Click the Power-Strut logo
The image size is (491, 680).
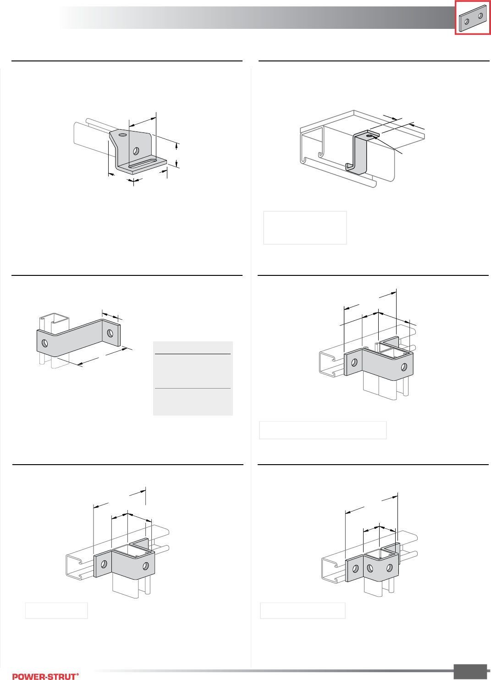click(x=45, y=676)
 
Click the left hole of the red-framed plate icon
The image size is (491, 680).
click(x=467, y=22)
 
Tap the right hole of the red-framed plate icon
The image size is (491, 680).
click(x=480, y=16)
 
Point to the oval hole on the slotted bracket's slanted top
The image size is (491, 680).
click(x=123, y=135)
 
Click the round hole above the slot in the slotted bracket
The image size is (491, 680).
click(x=136, y=151)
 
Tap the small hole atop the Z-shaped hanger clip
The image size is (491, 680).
click(x=369, y=136)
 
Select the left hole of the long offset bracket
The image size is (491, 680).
click(x=44, y=344)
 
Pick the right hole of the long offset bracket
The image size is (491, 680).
click(x=110, y=333)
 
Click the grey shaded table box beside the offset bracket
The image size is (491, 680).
click(x=193, y=378)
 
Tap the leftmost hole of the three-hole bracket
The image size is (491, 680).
click(x=356, y=569)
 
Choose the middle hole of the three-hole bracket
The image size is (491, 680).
click(x=370, y=568)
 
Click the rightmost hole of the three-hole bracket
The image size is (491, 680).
click(x=390, y=567)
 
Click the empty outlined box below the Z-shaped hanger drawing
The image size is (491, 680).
click(x=305, y=228)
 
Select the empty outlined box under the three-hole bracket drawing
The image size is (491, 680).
click(x=303, y=610)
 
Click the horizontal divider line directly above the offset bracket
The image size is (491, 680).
click(x=127, y=275)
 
